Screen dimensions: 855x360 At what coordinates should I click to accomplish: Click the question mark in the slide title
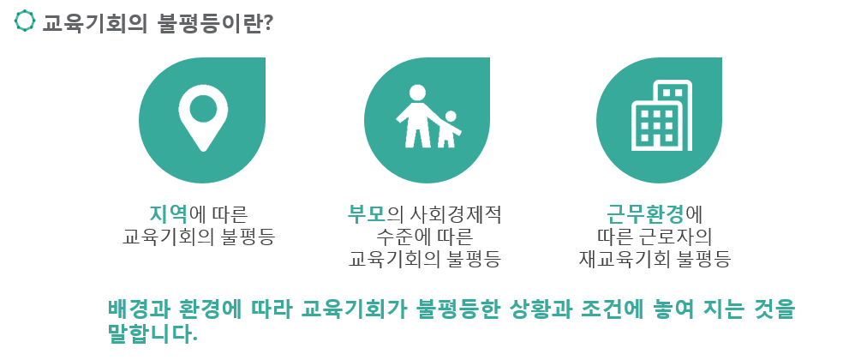click(268, 23)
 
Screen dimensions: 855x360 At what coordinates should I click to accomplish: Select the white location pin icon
click(203, 117)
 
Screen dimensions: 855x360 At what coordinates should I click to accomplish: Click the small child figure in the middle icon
click(449, 129)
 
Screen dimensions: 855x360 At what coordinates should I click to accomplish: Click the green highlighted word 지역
click(167, 213)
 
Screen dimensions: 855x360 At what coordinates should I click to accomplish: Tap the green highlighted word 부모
click(367, 213)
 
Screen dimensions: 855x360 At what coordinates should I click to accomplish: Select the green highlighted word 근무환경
click(646, 213)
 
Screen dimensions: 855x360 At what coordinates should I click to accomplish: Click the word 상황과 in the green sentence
click(538, 309)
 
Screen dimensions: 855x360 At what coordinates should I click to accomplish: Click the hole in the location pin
click(203, 109)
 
